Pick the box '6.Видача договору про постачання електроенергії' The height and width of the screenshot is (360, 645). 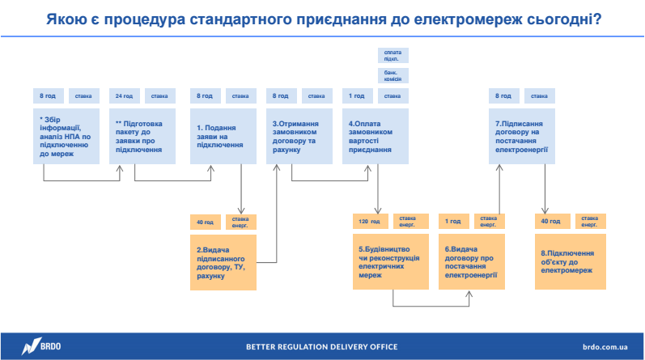click(x=470, y=262)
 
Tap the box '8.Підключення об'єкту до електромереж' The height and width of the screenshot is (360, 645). click(x=570, y=262)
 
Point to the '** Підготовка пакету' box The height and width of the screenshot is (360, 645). click(x=142, y=136)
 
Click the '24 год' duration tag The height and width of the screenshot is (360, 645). click(x=124, y=95)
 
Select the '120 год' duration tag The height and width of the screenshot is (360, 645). click(x=369, y=221)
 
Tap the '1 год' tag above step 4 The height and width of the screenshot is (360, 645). click(x=357, y=95)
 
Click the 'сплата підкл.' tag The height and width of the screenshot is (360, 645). click(x=393, y=55)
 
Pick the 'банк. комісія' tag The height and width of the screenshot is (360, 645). click(x=393, y=75)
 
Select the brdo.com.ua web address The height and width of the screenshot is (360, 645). click(x=604, y=347)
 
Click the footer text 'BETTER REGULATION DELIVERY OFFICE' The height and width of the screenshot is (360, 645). click(x=322, y=347)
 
